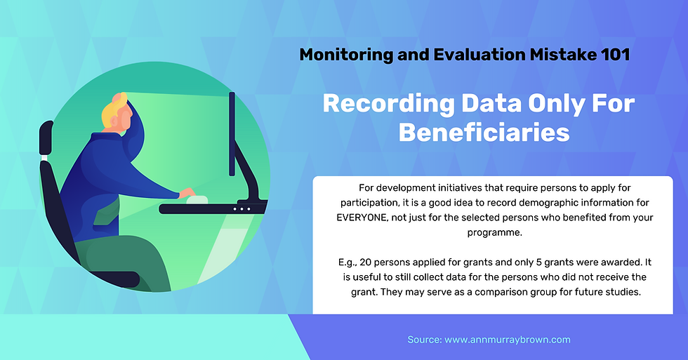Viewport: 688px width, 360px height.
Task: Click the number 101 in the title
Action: pos(616,55)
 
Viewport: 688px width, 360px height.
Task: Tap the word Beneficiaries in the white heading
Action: pos(484,133)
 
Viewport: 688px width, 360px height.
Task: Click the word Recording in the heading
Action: pos(388,105)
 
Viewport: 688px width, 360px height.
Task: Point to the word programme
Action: pos(494,233)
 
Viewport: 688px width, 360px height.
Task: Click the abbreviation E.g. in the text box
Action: pos(347,262)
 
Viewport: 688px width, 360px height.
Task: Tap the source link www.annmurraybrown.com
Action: pos(507,340)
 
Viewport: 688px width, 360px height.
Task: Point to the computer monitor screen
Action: pos(232,134)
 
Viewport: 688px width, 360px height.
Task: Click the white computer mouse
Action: pos(197,200)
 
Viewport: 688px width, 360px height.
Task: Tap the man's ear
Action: pos(126,117)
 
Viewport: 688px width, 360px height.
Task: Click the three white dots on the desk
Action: pos(242,208)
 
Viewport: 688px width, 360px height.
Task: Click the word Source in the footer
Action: pos(423,340)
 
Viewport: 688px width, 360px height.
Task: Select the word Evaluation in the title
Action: pos(479,55)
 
